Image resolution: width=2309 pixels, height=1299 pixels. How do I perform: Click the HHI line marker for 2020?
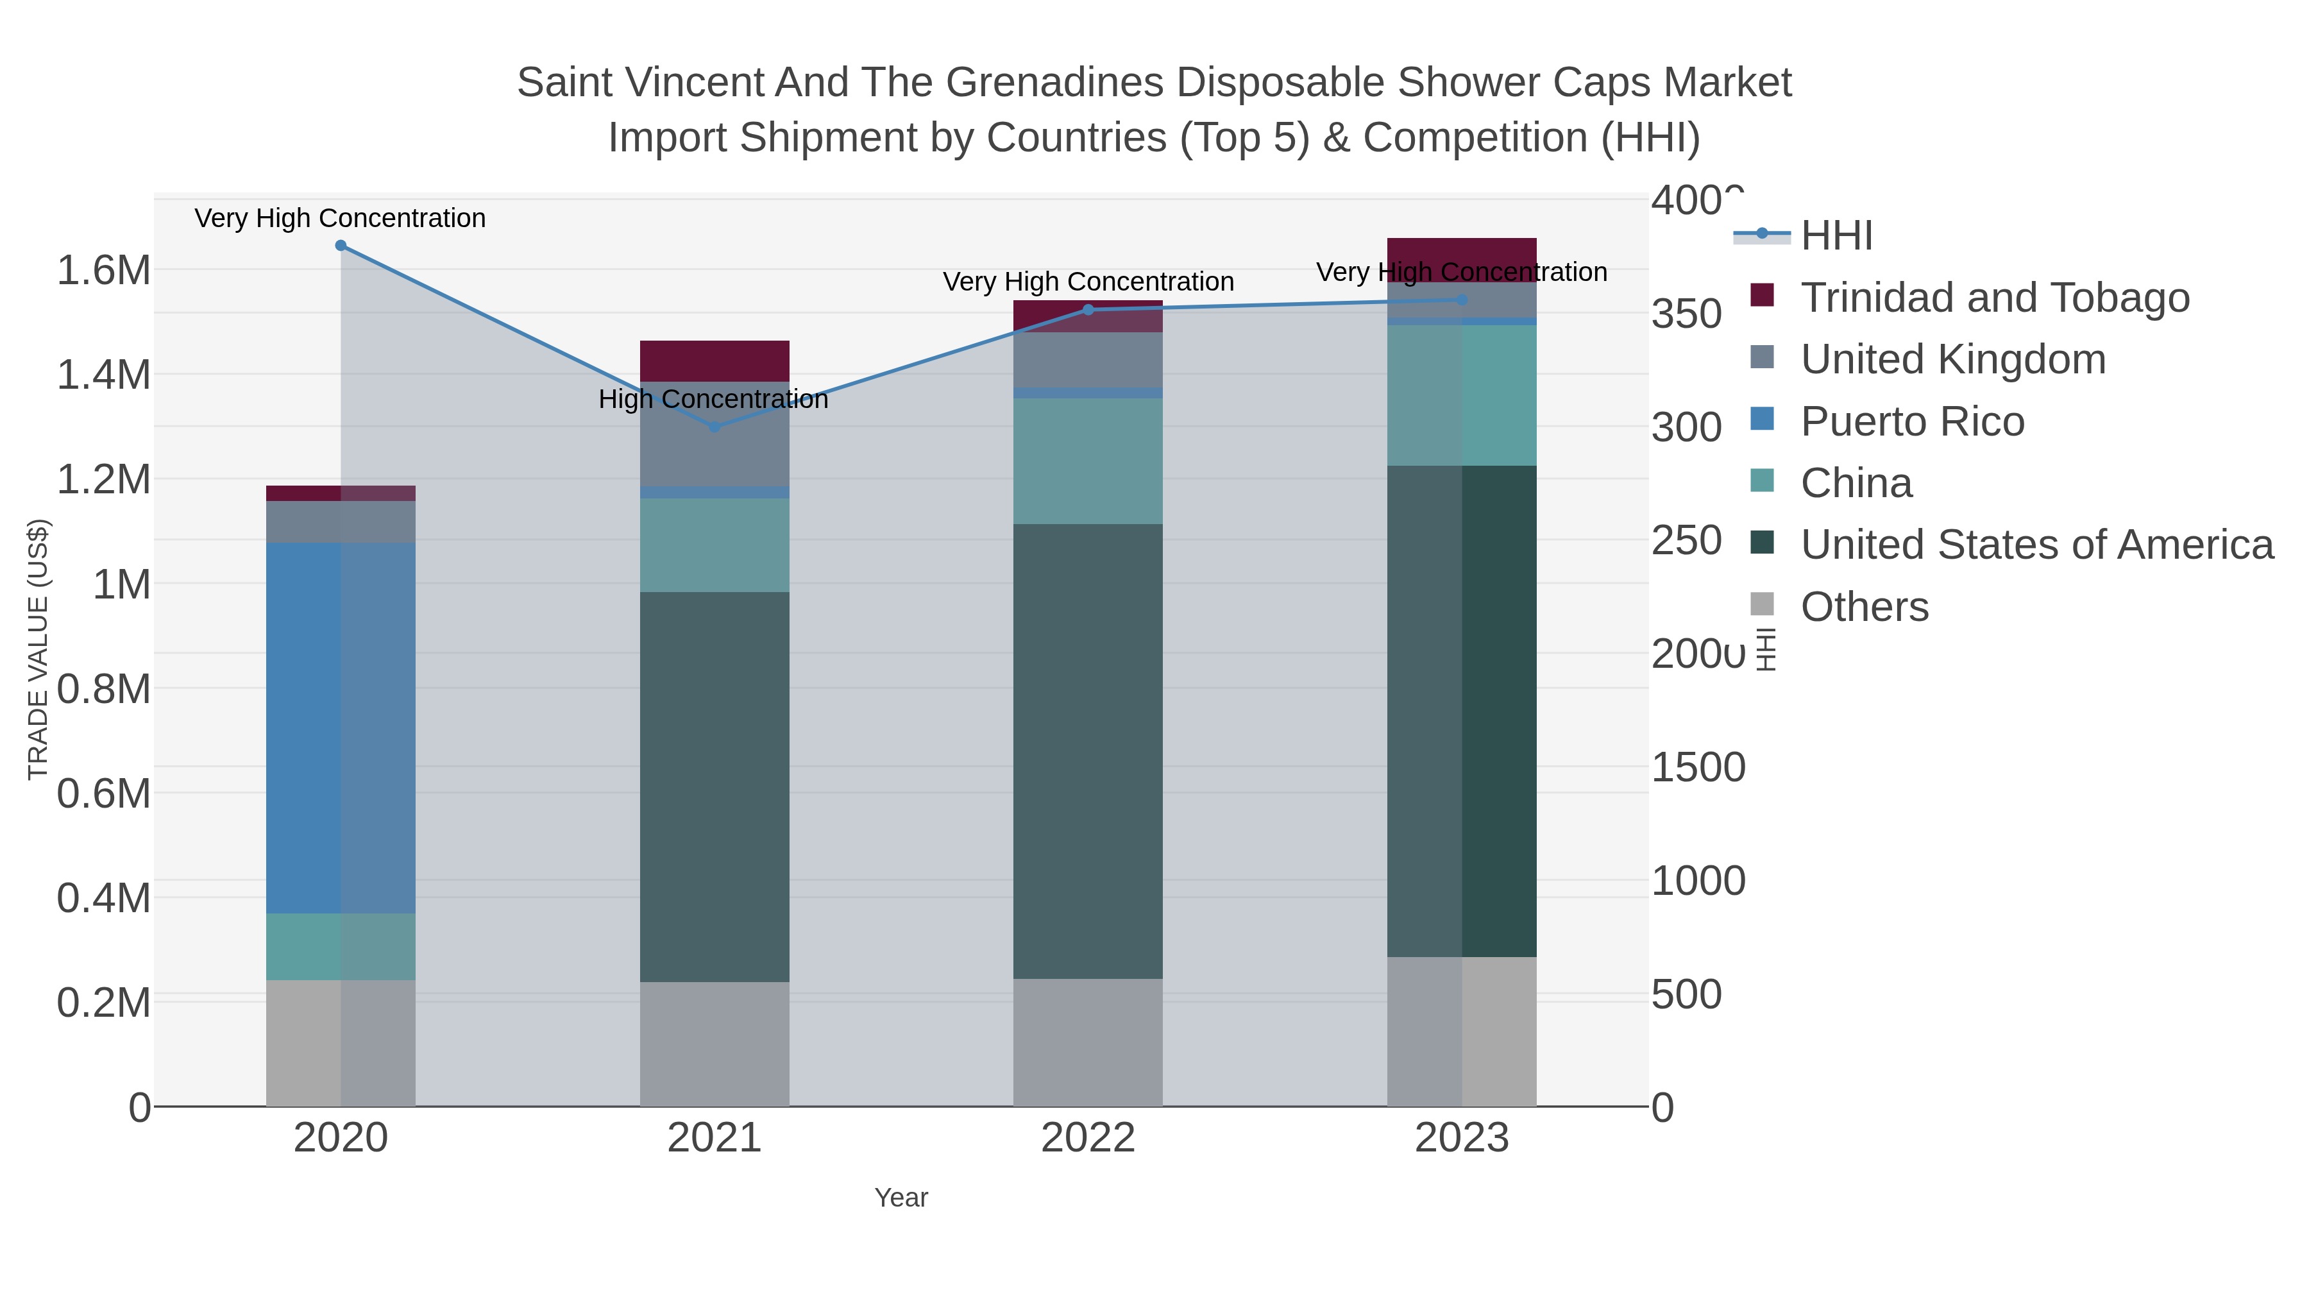point(341,246)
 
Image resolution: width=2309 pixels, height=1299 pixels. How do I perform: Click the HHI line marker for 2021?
point(715,427)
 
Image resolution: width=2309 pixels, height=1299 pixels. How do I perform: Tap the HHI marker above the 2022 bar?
point(1088,310)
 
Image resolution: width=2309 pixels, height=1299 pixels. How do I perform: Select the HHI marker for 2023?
point(1462,300)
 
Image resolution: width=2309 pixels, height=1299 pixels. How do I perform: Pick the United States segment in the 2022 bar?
point(1088,751)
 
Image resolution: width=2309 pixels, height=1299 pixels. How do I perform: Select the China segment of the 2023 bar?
point(1462,395)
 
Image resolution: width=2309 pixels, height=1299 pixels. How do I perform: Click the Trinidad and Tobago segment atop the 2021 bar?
point(715,361)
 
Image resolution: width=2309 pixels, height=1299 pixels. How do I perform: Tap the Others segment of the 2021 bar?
point(715,1044)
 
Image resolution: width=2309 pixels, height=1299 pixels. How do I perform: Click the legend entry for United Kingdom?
point(1952,359)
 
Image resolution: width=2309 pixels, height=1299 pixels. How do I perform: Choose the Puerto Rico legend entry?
point(1912,421)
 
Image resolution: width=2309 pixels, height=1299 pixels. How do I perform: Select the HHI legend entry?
point(1836,236)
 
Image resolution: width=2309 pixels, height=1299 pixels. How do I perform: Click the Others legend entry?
point(1863,607)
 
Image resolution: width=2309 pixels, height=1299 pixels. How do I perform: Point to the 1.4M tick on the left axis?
point(104,375)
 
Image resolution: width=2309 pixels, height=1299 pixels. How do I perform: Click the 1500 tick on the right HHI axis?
point(1698,767)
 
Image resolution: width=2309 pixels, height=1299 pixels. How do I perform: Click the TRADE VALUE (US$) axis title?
point(38,649)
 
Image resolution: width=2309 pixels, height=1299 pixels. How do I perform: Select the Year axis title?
point(901,1198)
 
